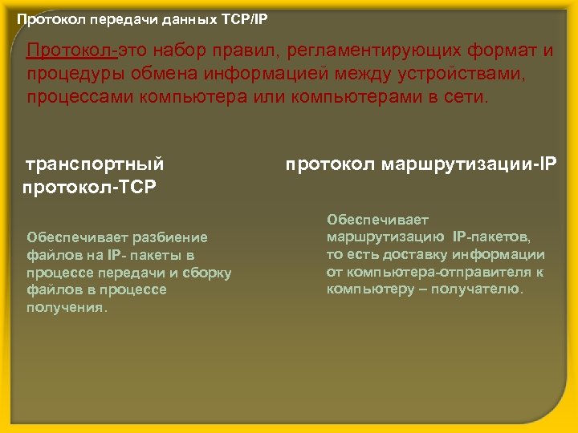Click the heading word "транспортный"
96,164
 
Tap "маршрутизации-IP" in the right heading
473,164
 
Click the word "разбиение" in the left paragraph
172,237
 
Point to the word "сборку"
207,273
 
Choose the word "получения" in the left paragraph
66,308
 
